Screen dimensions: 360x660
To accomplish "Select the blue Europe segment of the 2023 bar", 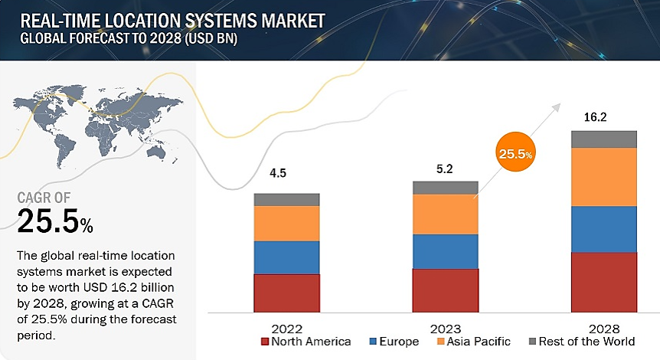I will pyautogui.click(x=445, y=251).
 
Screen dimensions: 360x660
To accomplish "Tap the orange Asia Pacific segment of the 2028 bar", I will pyautogui.click(x=603, y=177).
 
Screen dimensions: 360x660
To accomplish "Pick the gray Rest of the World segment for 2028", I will pyautogui.click(x=603, y=139).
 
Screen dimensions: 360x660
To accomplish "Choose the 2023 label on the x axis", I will pyautogui.click(x=445, y=328).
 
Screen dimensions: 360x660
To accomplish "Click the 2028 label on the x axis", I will pyautogui.click(x=603, y=328).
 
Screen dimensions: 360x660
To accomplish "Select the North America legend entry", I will pyautogui.click(x=305, y=342).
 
